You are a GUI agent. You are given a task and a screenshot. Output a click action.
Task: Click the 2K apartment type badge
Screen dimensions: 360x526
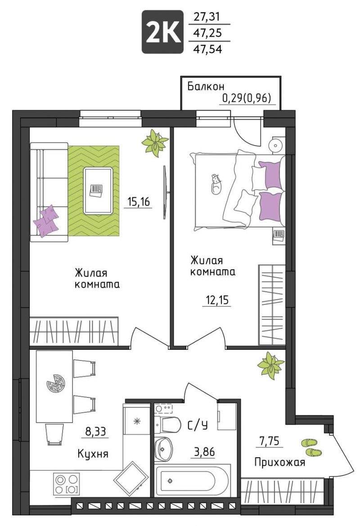pyautogui.click(x=162, y=32)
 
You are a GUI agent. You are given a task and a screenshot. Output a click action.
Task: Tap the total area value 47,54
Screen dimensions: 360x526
pyautogui.click(x=207, y=49)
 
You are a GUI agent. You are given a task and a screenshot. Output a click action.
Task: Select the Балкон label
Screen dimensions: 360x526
pyautogui.click(x=206, y=87)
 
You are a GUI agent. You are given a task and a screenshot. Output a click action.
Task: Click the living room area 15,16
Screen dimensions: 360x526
pyautogui.click(x=138, y=201)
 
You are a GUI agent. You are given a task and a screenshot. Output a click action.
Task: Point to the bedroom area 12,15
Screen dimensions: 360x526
pyautogui.click(x=216, y=299)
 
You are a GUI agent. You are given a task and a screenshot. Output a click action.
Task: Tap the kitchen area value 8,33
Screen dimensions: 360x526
pyautogui.click(x=95, y=431)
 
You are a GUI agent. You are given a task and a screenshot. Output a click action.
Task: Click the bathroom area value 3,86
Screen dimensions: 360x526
pyautogui.click(x=204, y=452)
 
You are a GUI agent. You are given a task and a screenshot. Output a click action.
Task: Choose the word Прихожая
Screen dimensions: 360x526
pyautogui.click(x=280, y=463)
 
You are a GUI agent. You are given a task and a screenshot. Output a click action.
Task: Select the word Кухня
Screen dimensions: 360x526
pyautogui.click(x=93, y=454)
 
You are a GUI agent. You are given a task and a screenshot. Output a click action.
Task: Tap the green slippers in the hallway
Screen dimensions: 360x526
pyautogui.click(x=311, y=447)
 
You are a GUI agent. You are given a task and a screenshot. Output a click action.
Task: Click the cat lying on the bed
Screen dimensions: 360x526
pyautogui.click(x=216, y=184)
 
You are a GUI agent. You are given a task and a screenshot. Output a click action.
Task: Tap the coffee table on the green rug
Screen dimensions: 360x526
pyautogui.click(x=98, y=191)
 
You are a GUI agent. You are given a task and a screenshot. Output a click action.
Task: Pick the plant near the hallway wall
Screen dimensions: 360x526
pyautogui.click(x=270, y=366)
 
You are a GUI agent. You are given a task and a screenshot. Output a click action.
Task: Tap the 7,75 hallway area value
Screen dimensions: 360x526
pyautogui.click(x=270, y=441)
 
